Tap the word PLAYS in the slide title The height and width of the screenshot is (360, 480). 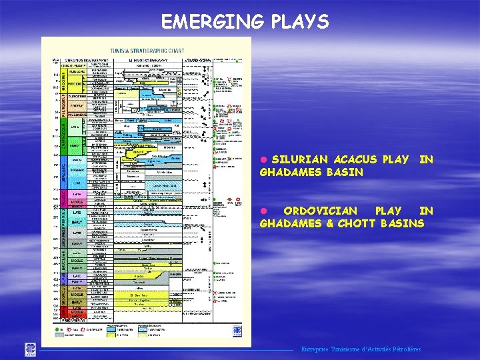[x=300, y=23]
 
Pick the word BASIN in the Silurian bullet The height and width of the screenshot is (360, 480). [x=345, y=172]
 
